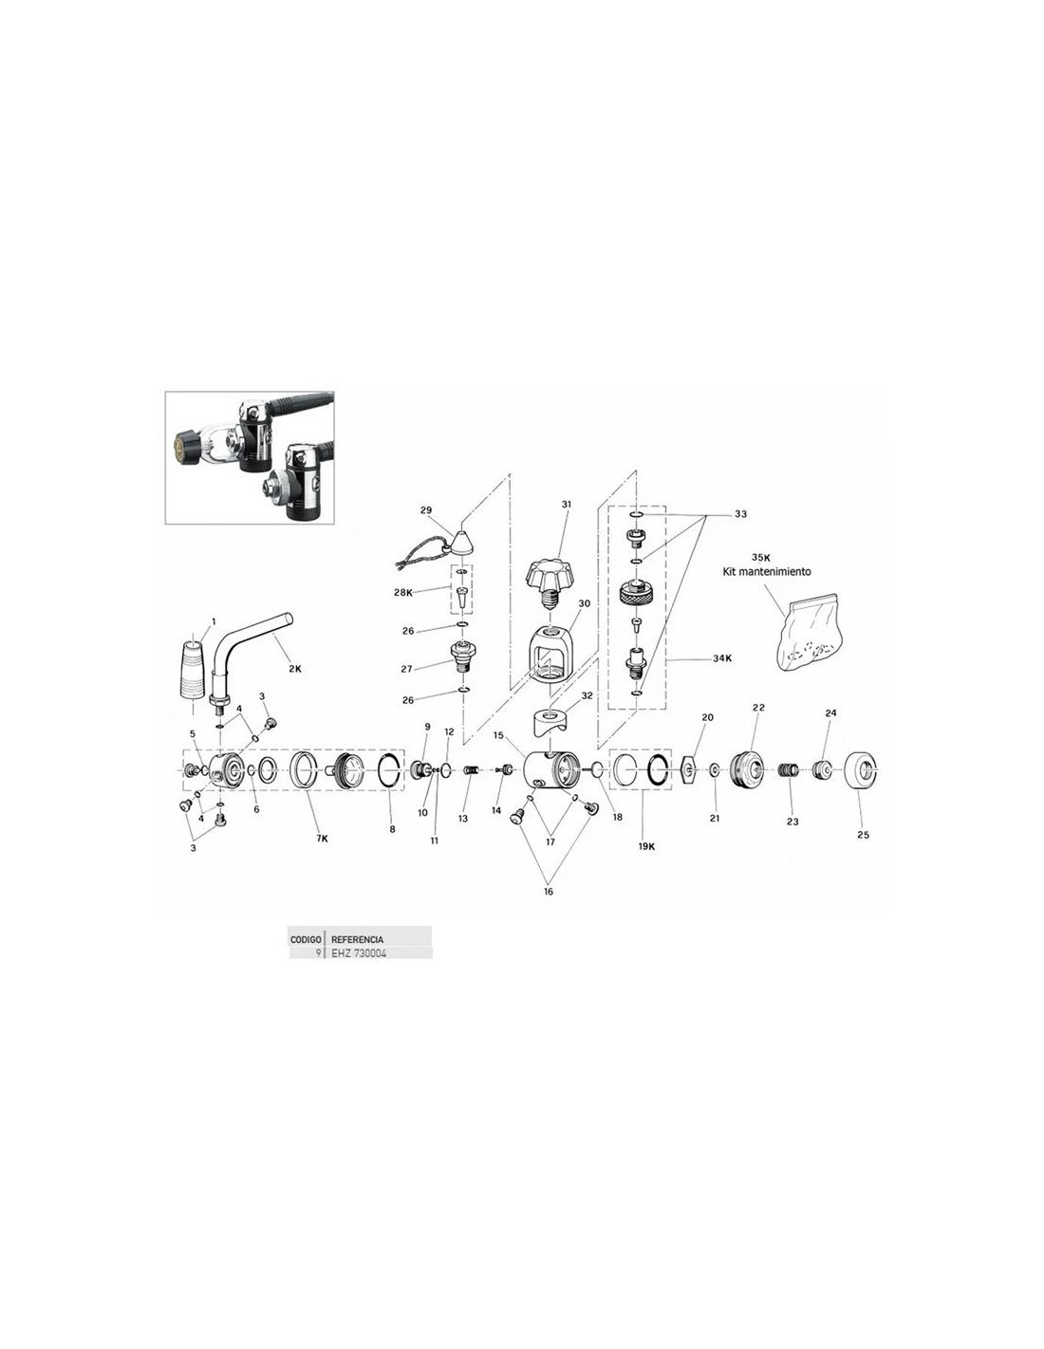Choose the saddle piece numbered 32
pos(550,722)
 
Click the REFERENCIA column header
pos(357,939)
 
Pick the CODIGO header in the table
pos(306,939)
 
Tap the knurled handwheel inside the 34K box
pos(635,593)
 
